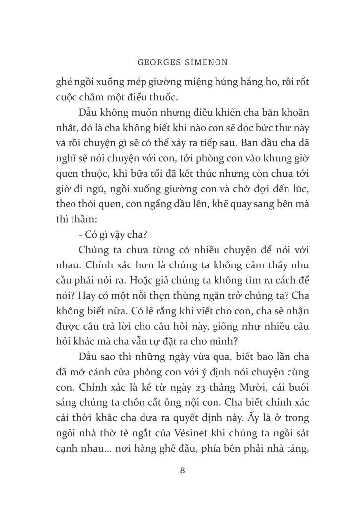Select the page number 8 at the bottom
[182, 470]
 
